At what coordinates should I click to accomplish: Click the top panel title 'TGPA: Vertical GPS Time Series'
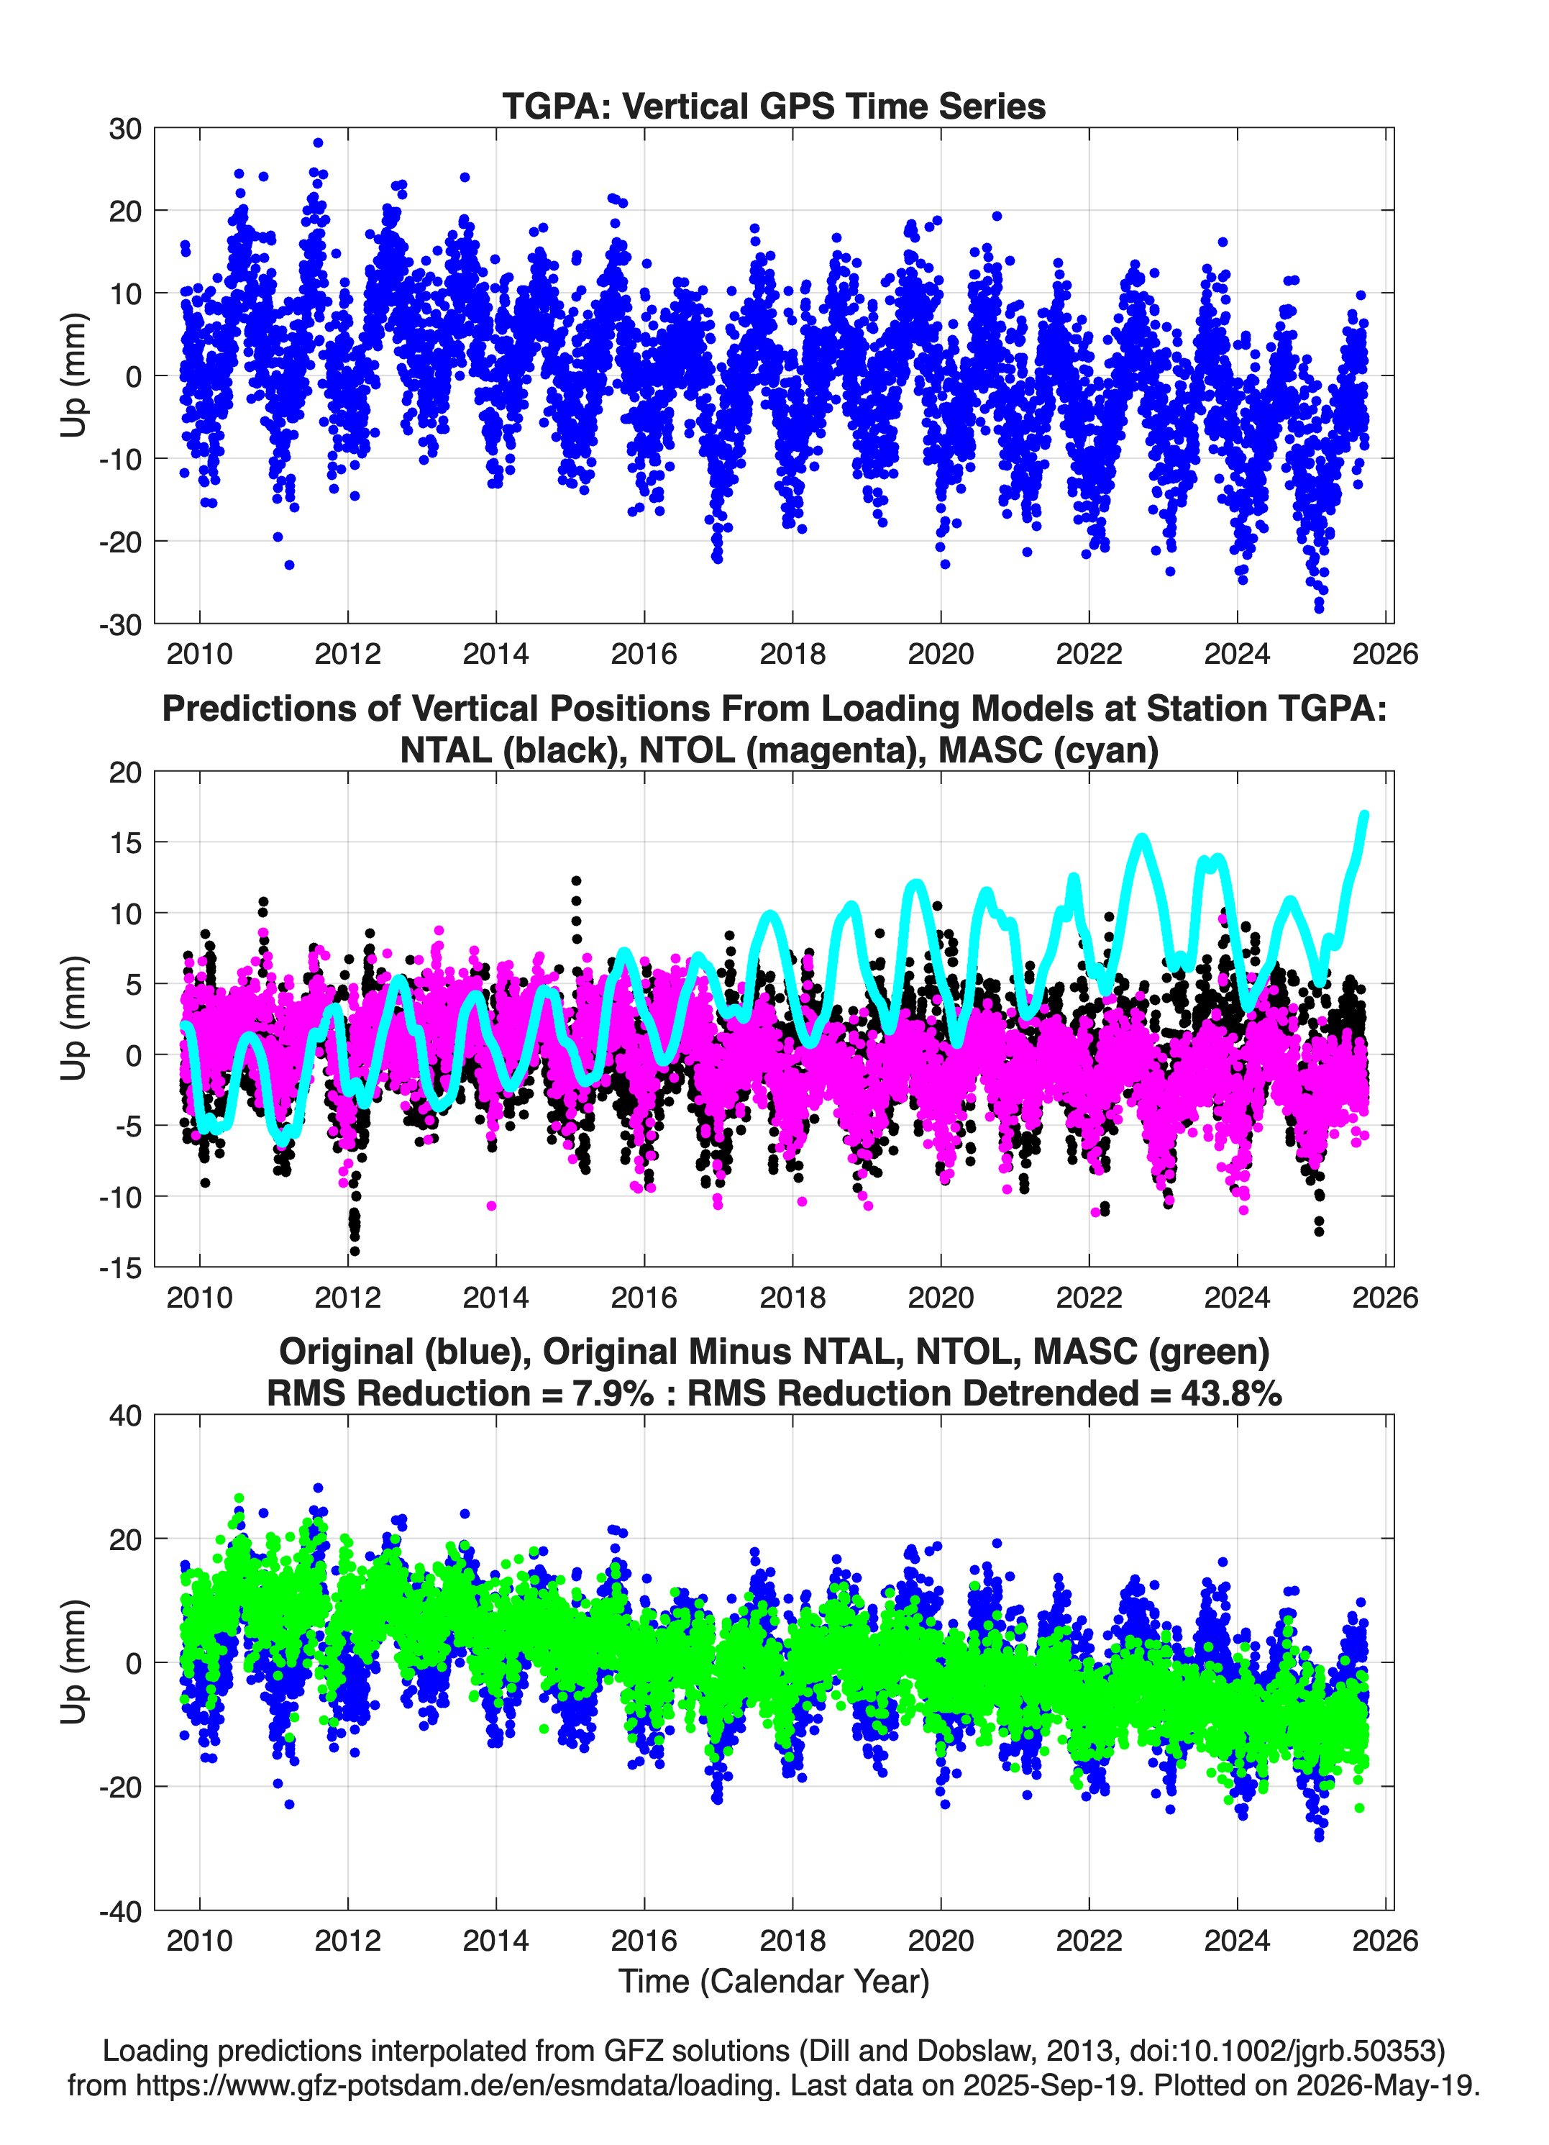coord(774,106)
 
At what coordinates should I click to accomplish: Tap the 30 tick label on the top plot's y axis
coord(125,129)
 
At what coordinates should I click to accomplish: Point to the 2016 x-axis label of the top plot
coord(644,654)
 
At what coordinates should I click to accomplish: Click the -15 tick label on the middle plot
coord(120,1267)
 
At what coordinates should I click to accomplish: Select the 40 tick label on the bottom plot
coord(125,1416)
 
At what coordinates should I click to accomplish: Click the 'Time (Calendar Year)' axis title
coord(774,1980)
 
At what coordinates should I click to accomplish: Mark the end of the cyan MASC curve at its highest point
coord(1363,814)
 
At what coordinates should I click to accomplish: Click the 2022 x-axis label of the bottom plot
coord(1089,1940)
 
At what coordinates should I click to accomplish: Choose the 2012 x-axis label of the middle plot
coord(347,1297)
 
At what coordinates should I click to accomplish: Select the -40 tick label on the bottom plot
coord(120,1911)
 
